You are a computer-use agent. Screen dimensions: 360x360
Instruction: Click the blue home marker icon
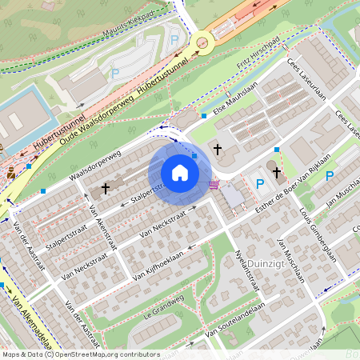pos(180,172)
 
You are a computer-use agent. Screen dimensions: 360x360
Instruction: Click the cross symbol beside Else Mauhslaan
pos(217,149)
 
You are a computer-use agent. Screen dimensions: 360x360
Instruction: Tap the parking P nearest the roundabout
pos(175,38)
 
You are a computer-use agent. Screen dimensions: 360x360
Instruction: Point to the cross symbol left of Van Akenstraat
pos(106,189)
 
